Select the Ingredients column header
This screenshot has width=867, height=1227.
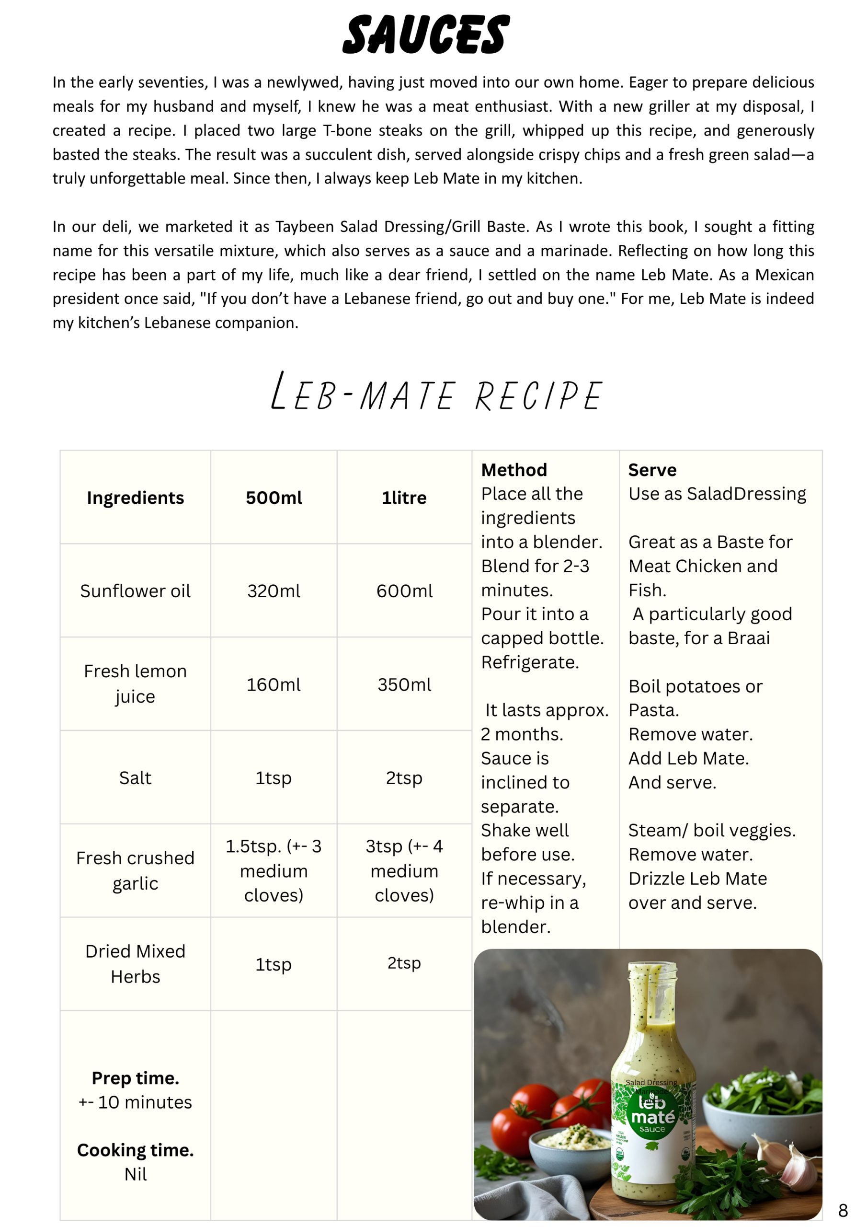pyautogui.click(x=135, y=498)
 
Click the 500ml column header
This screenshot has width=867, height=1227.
pyautogui.click(x=274, y=498)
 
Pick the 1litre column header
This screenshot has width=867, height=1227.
pyautogui.click(x=404, y=498)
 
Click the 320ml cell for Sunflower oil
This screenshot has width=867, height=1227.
pyautogui.click(x=274, y=591)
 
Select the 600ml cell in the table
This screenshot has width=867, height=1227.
pyautogui.click(x=404, y=591)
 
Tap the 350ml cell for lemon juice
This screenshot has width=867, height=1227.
pyautogui.click(x=404, y=684)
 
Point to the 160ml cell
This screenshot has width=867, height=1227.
pyautogui.click(x=274, y=684)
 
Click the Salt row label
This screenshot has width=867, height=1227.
pyautogui.click(x=135, y=778)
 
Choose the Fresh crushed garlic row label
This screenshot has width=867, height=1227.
pyautogui.click(x=135, y=870)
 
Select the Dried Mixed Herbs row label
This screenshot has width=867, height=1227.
pyautogui.click(x=135, y=963)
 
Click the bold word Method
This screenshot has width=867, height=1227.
pyautogui.click(x=514, y=470)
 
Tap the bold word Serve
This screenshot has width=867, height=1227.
pyautogui.click(x=652, y=470)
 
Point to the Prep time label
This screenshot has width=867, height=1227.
pyautogui.click(x=135, y=1078)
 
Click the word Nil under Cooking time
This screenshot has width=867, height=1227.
pyautogui.click(x=135, y=1174)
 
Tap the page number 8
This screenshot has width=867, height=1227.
pyautogui.click(x=843, y=1210)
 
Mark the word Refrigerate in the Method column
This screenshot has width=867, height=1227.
pyautogui.click(x=529, y=662)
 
